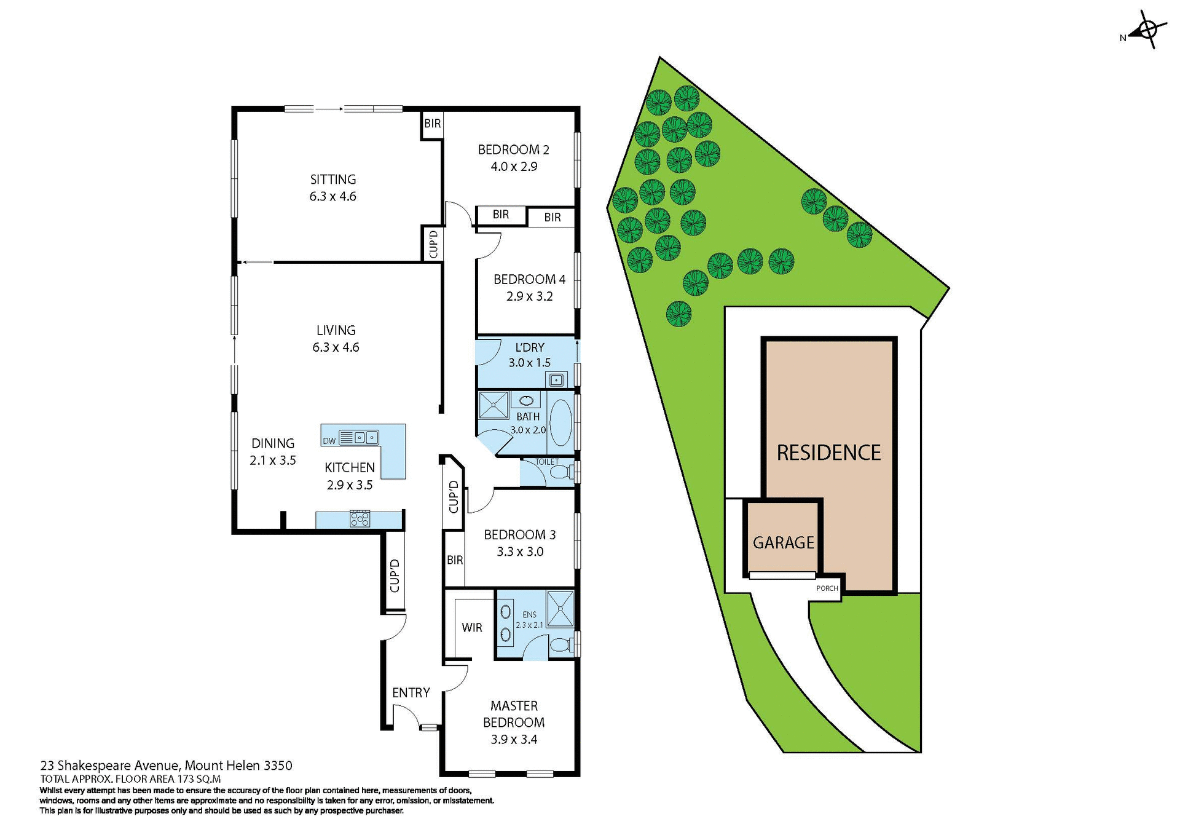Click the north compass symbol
1147,30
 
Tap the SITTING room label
332,180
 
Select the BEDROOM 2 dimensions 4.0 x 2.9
514,167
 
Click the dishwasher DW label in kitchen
329,441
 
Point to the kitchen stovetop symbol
360,519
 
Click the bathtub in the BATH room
559,423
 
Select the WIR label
472,628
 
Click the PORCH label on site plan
827,588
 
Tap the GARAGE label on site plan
783,543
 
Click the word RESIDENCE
828,453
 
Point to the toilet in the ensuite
560,646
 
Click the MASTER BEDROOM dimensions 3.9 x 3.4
514,740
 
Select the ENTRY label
411,693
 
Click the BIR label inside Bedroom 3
455,560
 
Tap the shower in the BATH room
493,405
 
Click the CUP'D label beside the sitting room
433,244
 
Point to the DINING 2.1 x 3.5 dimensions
273,461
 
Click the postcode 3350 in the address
278,766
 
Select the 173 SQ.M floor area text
199,778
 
